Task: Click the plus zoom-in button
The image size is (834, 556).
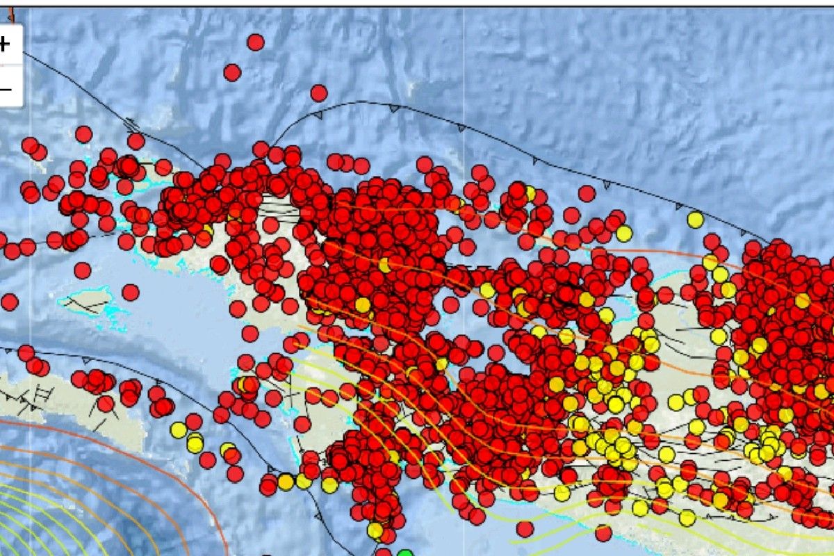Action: tap(6, 44)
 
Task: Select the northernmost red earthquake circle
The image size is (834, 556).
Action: tap(256, 42)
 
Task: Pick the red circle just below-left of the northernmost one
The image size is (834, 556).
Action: tap(232, 72)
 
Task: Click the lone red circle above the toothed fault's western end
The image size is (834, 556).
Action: tap(319, 92)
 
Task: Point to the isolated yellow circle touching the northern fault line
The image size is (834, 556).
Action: tap(695, 220)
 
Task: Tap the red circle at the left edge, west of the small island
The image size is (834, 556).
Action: tap(10, 302)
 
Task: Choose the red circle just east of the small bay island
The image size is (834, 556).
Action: tap(131, 292)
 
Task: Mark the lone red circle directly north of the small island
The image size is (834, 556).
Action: tap(83, 270)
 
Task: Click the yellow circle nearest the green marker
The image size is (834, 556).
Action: tap(375, 530)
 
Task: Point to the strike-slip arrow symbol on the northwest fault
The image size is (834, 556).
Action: tap(131, 124)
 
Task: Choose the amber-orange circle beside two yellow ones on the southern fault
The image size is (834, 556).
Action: tap(286, 482)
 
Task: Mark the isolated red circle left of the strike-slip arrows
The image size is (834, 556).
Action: tap(83, 133)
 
